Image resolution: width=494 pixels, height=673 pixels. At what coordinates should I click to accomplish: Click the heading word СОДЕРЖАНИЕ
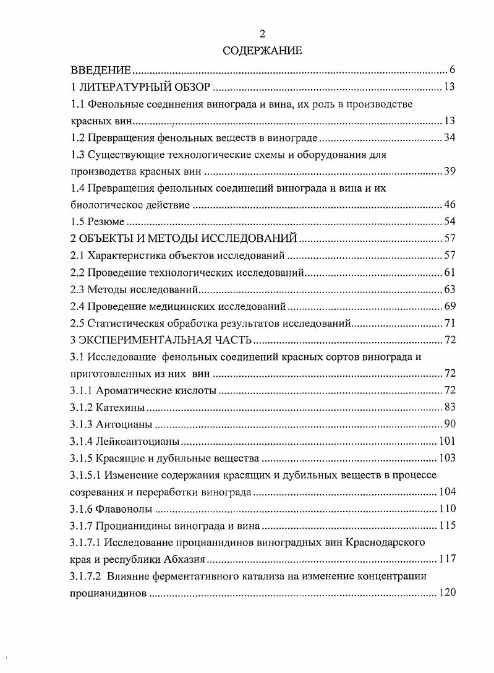(262, 50)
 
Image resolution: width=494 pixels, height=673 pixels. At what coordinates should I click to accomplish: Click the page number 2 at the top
(262, 34)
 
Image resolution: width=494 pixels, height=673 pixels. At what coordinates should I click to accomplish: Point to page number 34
(449, 137)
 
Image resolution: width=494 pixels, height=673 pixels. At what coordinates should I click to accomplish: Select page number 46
(449, 205)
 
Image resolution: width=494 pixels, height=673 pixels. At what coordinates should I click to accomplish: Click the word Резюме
(106, 221)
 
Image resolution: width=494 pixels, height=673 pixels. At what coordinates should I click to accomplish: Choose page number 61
(449, 272)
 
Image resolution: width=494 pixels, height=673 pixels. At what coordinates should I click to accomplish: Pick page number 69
(449, 306)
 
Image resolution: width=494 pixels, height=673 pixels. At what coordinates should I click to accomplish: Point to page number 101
(446, 441)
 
